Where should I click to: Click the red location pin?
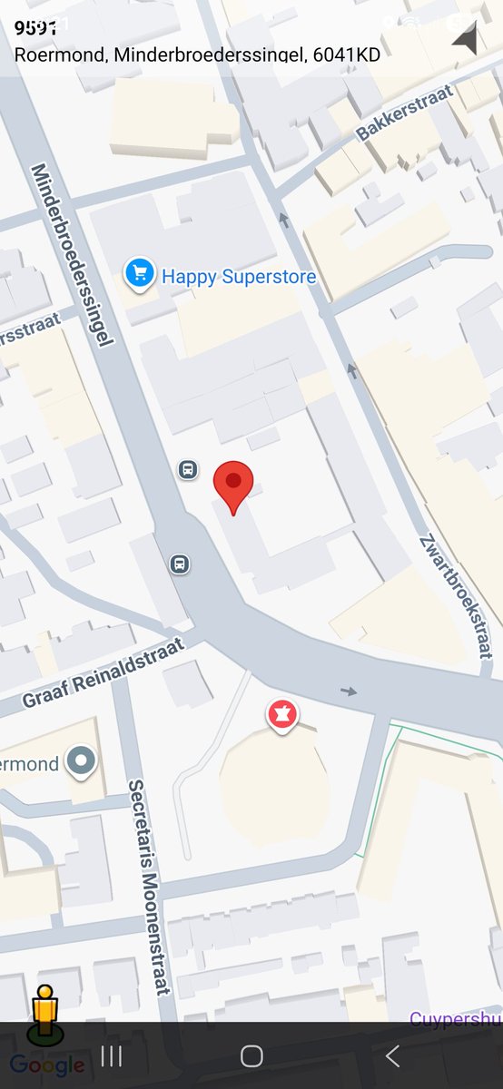(233, 485)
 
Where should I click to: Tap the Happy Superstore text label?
(238, 276)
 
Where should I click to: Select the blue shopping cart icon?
(140, 272)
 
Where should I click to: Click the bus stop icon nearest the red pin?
(188, 469)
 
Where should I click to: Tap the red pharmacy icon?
(282, 715)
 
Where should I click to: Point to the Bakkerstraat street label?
(404, 114)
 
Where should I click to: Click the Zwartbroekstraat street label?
(457, 594)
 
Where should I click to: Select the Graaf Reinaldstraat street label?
(103, 672)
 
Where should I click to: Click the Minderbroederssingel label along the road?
(73, 254)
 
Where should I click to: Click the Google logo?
(47, 1065)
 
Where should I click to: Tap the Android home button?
(251, 1055)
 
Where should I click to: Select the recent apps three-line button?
(112, 1055)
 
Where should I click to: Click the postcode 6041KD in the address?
(346, 54)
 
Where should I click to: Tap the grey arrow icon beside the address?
(465, 40)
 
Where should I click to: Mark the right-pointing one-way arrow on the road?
(350, 692)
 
